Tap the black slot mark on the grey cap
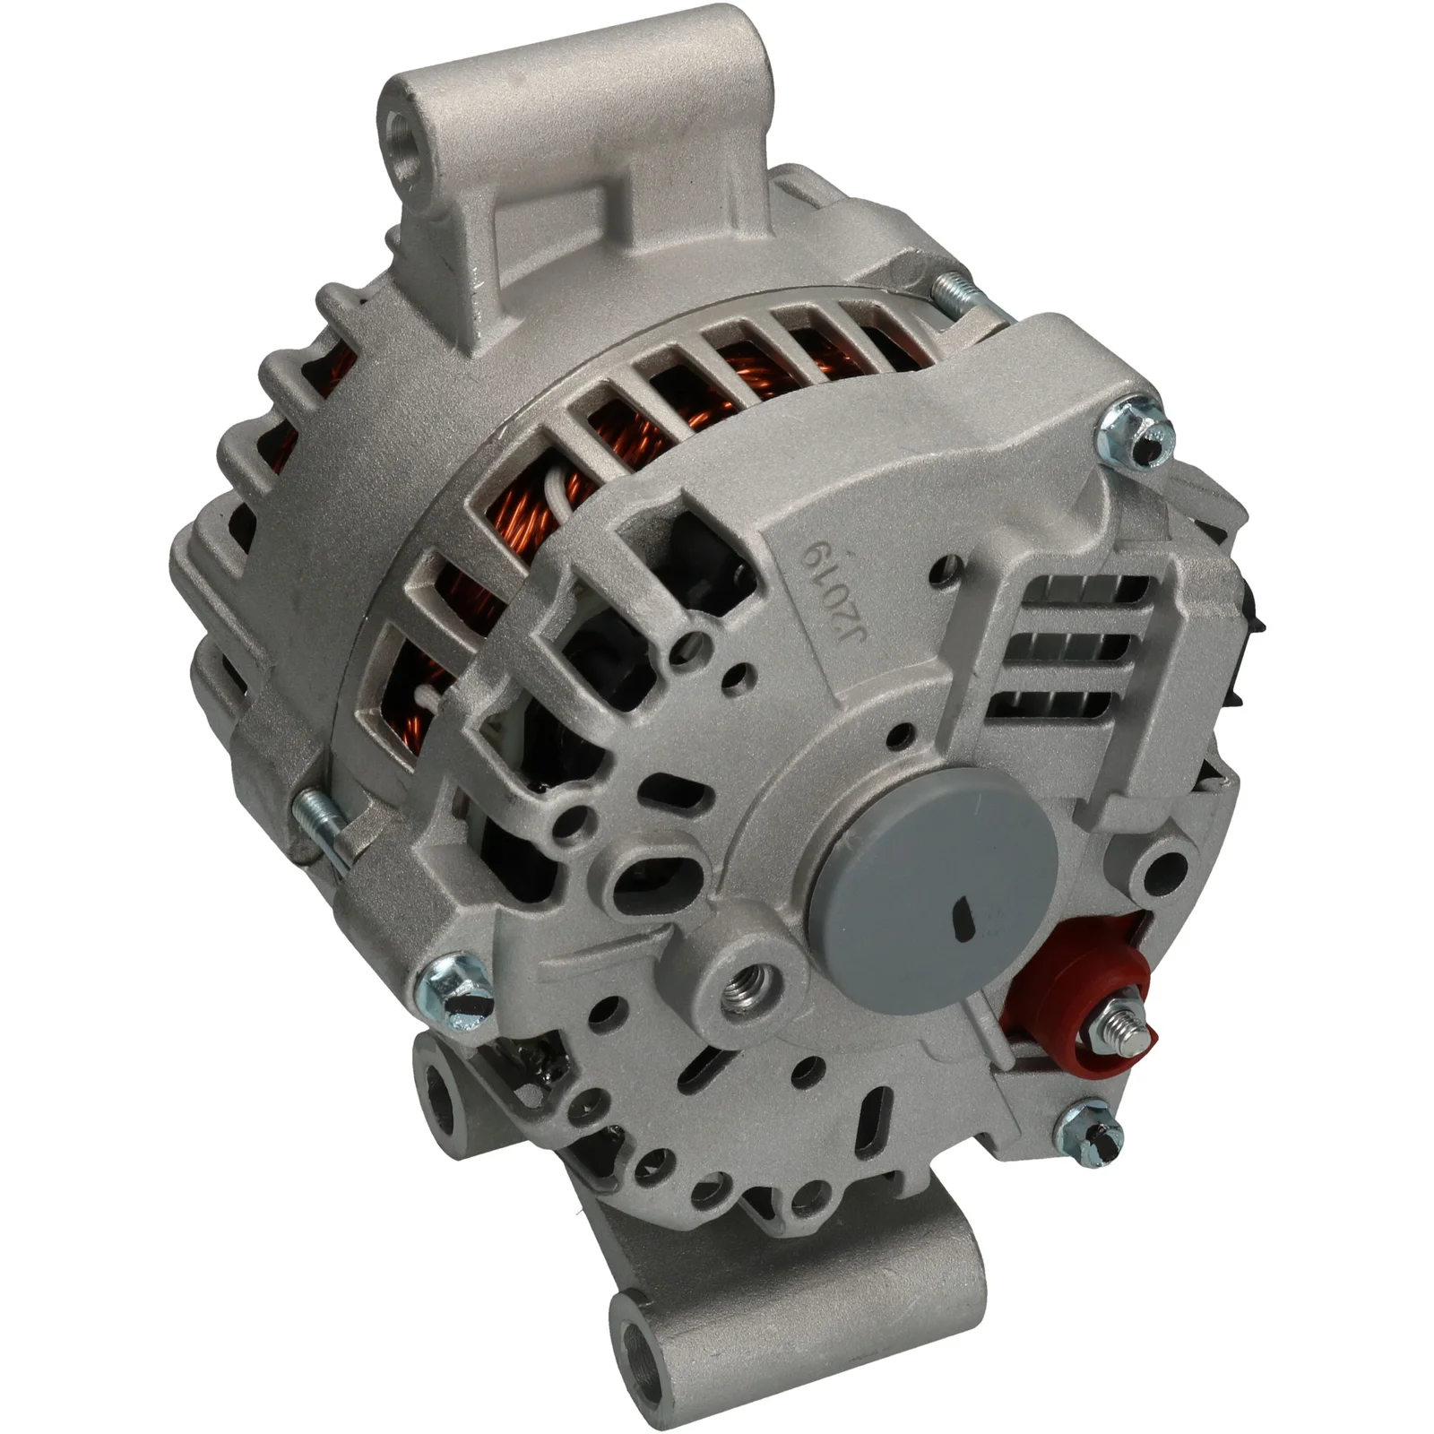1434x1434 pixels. (964, 913)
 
